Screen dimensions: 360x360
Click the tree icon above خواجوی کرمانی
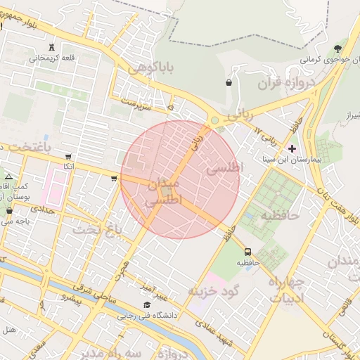click(337, 49)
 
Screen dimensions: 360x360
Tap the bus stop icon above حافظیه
click(247, 252)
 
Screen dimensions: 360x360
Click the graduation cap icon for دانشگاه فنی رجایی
click(147, 304)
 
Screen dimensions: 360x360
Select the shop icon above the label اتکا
click(67, 156)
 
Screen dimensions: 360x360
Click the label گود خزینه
click(214, 290)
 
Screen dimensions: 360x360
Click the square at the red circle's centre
click(167, 191)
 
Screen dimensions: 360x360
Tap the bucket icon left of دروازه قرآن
click(229, 82)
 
